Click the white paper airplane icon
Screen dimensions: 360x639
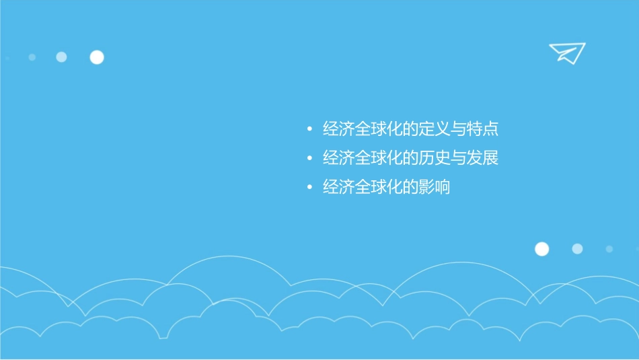pos(567,52)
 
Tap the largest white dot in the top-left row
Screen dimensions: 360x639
pos(97,57)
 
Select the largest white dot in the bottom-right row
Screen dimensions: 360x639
pos(541,249)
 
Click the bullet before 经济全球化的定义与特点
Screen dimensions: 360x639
pos(309,129)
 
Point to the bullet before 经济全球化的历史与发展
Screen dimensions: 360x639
pos(309,159)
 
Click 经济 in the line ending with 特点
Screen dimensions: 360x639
pos(339,129)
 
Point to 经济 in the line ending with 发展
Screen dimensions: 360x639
pos(339,159)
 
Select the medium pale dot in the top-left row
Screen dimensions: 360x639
pos(61,57)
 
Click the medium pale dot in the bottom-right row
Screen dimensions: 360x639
pos(577,249)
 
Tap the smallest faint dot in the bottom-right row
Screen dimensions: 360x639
pos(609,249)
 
